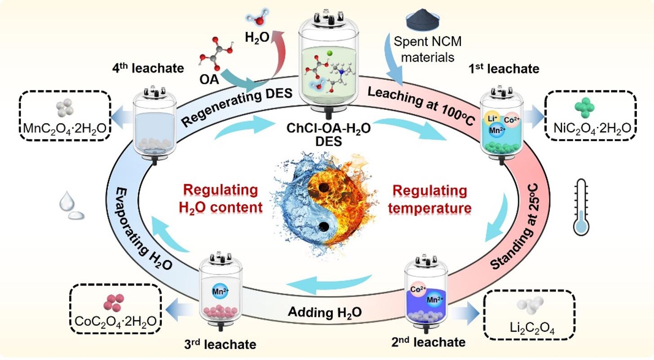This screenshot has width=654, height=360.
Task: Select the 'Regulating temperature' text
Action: [431, 199]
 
